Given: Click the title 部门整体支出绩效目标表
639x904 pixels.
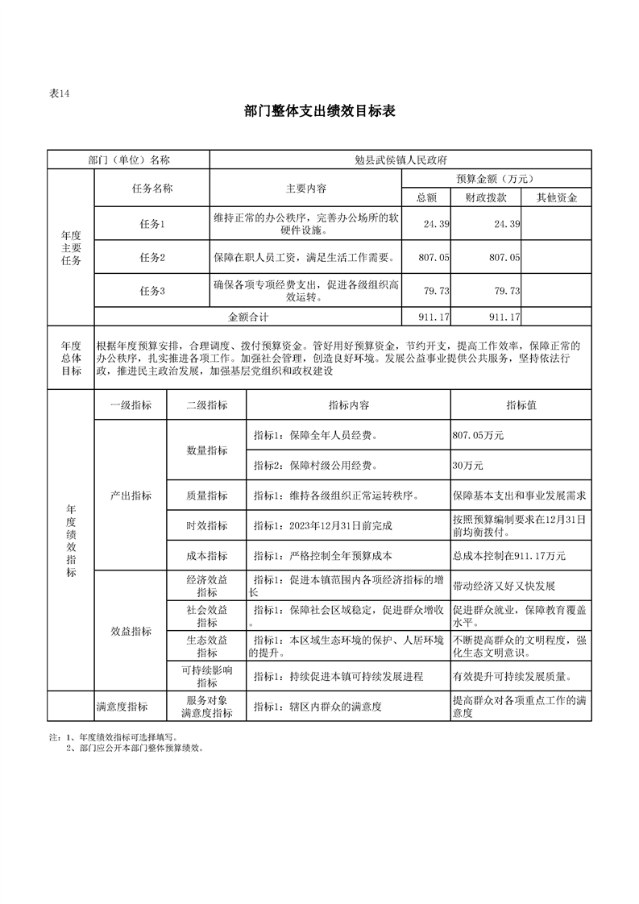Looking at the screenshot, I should click(x=319, y=112).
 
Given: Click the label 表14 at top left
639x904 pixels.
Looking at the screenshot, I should click(x=60, y=93).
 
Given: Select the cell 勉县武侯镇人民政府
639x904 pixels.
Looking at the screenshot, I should click(x=400, y=160).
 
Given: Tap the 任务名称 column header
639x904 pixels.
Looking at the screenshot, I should click(x=151, y=189).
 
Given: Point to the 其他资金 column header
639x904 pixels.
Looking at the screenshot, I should click(x=556, y=197).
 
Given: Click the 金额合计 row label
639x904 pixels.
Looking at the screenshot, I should click(x=247, y=317).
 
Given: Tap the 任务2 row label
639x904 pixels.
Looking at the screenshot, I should click(x=151, y=257).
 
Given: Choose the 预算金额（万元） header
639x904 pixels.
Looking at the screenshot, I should click(x=496, y=179).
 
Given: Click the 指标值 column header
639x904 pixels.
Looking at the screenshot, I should click(x=521, y=405).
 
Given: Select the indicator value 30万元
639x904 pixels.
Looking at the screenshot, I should click(x=468, y=466).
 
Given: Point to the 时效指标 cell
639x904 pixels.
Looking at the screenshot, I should click(x=206, y=525).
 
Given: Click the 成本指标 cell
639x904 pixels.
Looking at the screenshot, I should click(x=206, y=555).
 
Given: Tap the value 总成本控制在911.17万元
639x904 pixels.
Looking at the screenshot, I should click(x=509, y=555).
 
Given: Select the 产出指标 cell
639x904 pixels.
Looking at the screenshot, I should click(x=131, y=496).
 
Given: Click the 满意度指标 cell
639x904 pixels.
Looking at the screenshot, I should click(x=122, y=707).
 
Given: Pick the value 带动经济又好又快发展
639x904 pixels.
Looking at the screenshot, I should click(x=504, y=586).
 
